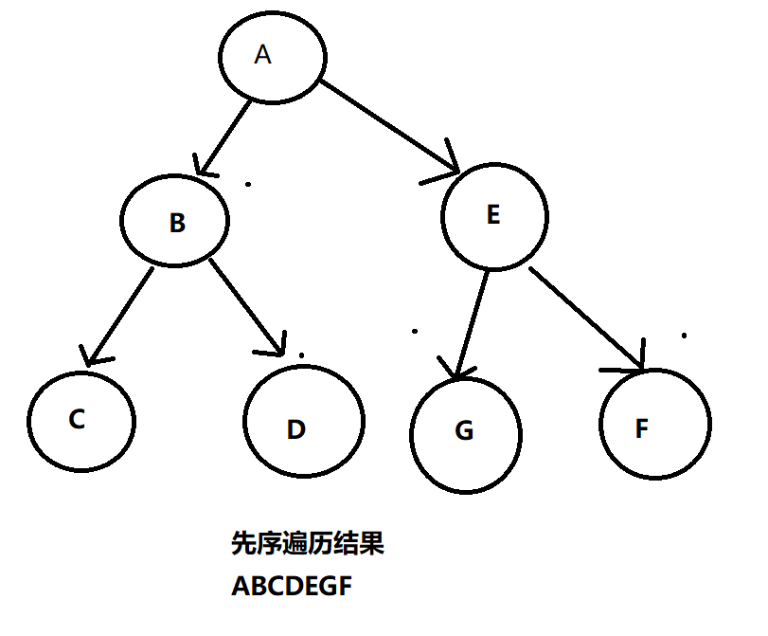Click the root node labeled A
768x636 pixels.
[x=273, y=57]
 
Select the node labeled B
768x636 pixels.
[x=176, y=221]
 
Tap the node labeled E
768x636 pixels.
[x=492, y=216]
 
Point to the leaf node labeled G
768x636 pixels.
[x=466, y=433]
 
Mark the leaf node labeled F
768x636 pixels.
[x=654, y=424]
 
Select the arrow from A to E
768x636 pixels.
[x=388, y=127]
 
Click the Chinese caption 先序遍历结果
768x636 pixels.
[x=308, y=544]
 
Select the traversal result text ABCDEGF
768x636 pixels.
[x=292, y=587]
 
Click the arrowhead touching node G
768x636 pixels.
[x=456, y=371]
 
